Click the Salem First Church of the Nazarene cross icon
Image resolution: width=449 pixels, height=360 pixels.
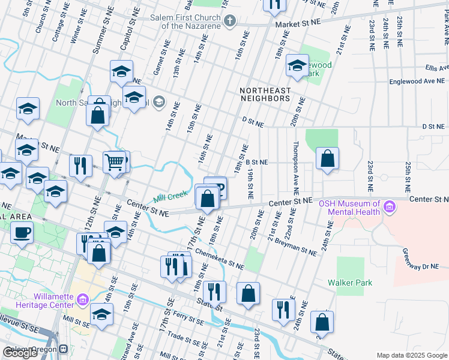coord(229,22)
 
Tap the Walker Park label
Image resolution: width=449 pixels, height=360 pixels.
coord(350,283)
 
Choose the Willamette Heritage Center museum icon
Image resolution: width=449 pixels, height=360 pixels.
coord(83,298)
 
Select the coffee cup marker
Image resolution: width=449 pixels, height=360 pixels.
coord(22,233)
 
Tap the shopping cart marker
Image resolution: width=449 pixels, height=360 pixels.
coord(114,161)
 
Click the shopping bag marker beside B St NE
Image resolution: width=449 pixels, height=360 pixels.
coord(327,159)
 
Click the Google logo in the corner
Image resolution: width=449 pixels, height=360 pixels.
coord(20,353)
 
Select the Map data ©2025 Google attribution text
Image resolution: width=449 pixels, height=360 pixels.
coord(411,355)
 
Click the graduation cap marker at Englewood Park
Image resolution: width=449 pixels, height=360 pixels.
coord(297,67)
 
